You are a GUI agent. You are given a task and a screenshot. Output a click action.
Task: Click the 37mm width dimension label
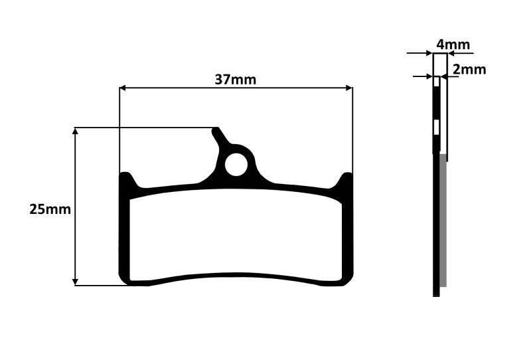[235, 79]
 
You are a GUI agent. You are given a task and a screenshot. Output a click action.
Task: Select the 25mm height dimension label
[50, 209]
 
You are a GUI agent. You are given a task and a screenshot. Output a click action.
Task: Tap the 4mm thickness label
[453, 45]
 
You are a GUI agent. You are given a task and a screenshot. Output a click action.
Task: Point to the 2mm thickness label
[469, 69]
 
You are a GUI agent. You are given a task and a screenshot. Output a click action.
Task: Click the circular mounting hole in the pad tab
[235, 165]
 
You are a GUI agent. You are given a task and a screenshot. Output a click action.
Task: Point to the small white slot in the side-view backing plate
[436, 126]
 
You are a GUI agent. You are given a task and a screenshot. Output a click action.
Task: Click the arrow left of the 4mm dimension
[428, 53]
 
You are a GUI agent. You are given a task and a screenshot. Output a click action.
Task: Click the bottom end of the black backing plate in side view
[436, 293]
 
